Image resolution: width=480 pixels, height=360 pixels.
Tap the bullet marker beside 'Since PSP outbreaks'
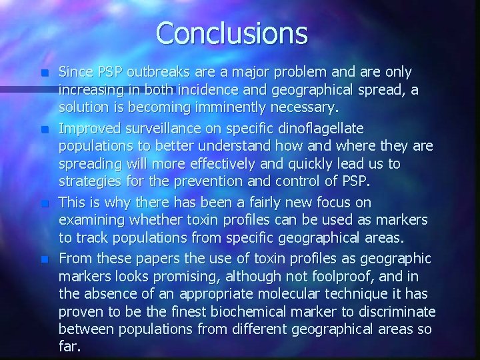(45, 72)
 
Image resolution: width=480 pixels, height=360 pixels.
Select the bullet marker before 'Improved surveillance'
(45, 127)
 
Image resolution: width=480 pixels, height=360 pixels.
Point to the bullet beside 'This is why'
(45, 202)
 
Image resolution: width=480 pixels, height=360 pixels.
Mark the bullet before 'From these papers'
(45, 257)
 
